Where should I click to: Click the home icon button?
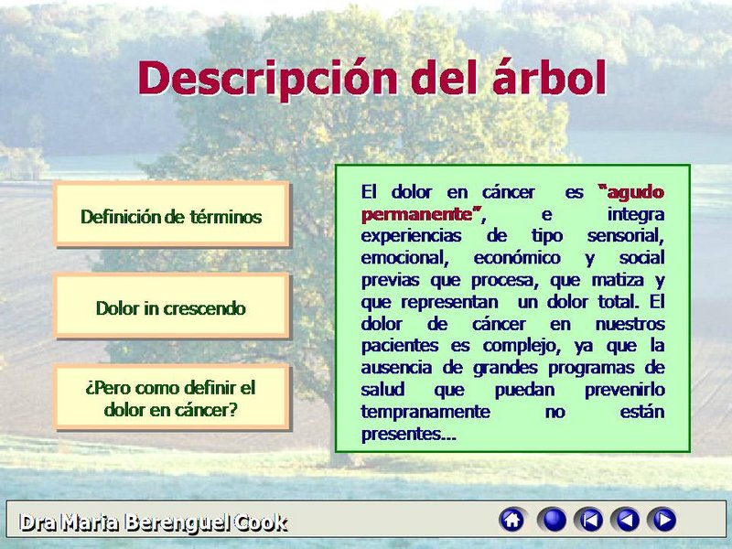coord(512,520)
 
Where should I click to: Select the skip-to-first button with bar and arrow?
coord(589,520)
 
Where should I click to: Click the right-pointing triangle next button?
coord(662,520)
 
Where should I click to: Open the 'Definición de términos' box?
coord(171,214)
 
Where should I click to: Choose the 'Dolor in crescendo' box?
coord(171,306)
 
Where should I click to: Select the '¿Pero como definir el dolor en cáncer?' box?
coord(171,397)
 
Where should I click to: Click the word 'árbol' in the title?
coord(549,77)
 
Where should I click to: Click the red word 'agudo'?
coord(635,193)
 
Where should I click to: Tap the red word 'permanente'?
coord(417,215)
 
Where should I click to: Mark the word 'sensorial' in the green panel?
coord(625,236)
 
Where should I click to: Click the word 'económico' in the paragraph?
coord(517,258)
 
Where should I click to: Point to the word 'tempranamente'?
coord(425,412)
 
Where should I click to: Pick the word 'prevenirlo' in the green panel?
coord(625,390)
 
